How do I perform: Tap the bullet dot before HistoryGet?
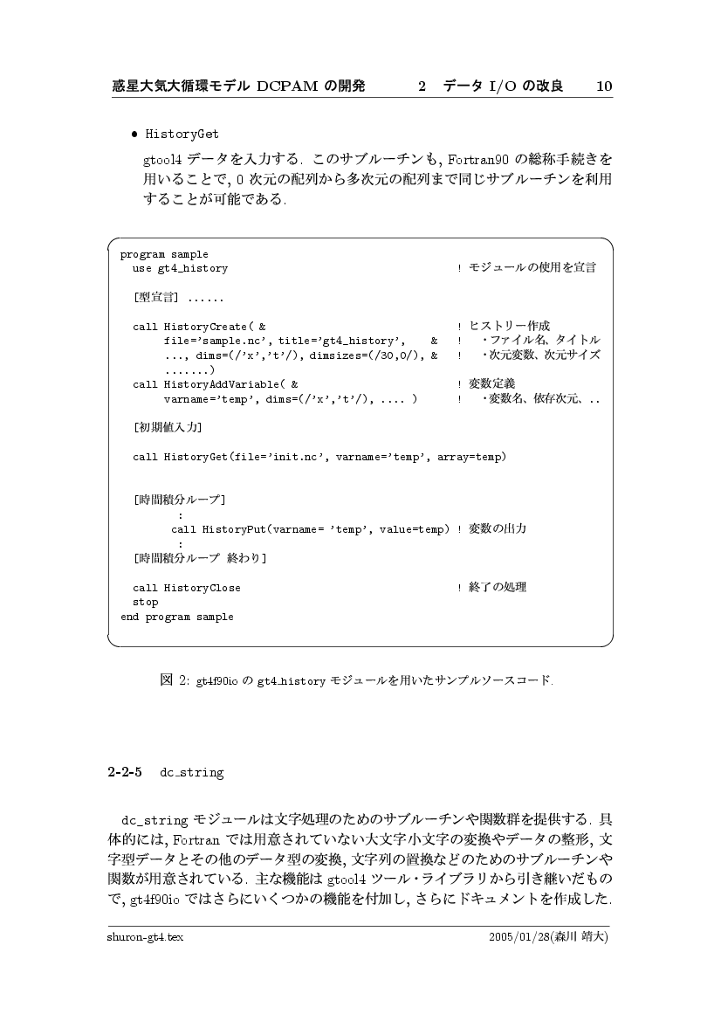pyautogui.click(x=134, y=135)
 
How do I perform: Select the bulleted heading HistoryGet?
pyautogui.click(x=182, y=135)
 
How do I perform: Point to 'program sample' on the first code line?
pyautogui.click(x=164, y=255)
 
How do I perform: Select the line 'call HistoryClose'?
pyautogui.click(x=186, y=588)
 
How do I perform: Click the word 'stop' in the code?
pyautogui.click(x=145, y=603)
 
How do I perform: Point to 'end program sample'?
pyautogui.click(x=176, y=617)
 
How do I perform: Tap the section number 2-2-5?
pyautogui.click(x=125, y=772)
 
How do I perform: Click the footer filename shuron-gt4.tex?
pyautogui.click(x=144, y=936)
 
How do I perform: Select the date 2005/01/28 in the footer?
pyautogui.click(x=520, y=936)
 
